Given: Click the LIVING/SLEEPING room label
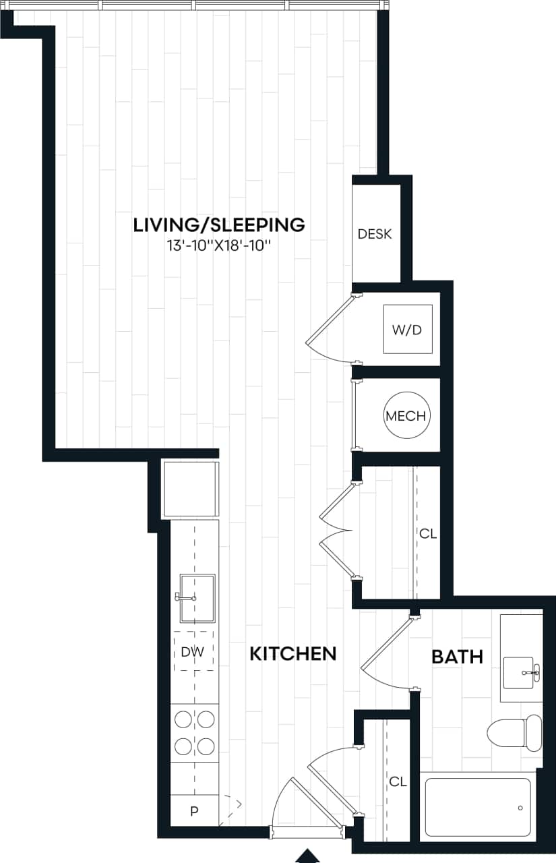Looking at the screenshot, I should (219, 225).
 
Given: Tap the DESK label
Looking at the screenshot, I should (375, 235).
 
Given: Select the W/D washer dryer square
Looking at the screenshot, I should (408, 330).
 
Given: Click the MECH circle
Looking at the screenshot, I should (406, 416).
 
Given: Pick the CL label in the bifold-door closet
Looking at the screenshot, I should (428, 534).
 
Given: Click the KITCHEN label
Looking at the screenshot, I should (292, 653).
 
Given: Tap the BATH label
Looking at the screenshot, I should (458, 657).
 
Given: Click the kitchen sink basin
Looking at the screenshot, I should (197, 598).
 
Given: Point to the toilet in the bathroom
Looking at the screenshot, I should (516, 733).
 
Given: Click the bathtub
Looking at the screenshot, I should (478, 808).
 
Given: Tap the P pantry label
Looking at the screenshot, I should (194, 811).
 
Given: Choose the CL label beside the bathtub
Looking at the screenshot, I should (398, 781).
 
